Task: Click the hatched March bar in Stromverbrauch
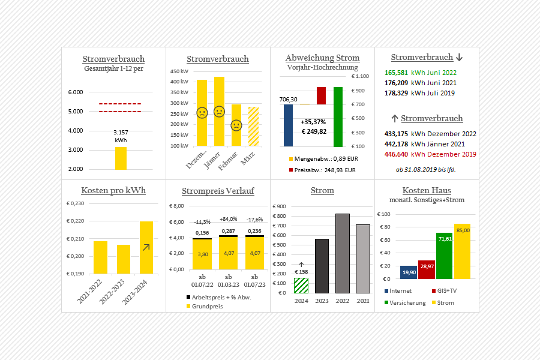[x=253, y=127]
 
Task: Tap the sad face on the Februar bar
[x=236, y=125]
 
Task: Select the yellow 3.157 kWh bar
[x=121, y=158]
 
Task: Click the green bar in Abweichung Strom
[x=338, y=116]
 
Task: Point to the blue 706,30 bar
[x=288, y=125]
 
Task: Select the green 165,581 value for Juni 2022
[x=397, y=72]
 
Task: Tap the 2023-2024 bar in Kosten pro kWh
[x=146, y=247]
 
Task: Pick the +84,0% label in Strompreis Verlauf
[x=229, y=219]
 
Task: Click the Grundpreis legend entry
[x=207, y=306]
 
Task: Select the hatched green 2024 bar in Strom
[x=301, y=286]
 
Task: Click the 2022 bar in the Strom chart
[x=343, y=253]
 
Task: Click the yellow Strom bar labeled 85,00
[x=462, y=251]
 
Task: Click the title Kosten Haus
[x=427, y=190]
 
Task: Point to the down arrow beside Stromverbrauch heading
[x=460, y=58]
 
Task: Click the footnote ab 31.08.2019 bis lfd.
[x=427, y=170]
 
